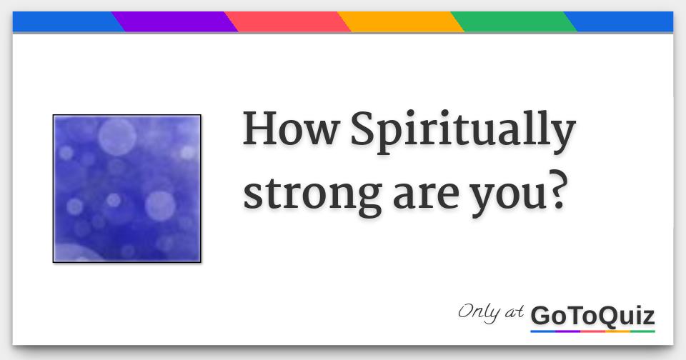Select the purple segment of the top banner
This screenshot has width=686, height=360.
[175, 22]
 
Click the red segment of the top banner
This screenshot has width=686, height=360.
[288, 22]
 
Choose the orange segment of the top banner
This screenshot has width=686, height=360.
[400, 22]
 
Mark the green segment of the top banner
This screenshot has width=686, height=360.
[513, 22]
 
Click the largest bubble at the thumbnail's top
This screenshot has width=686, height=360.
[117, 136]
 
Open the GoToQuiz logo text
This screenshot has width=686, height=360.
[592, 315]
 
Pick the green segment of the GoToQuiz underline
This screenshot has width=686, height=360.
[642, 331]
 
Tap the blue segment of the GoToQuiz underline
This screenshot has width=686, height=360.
[542, 331]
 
